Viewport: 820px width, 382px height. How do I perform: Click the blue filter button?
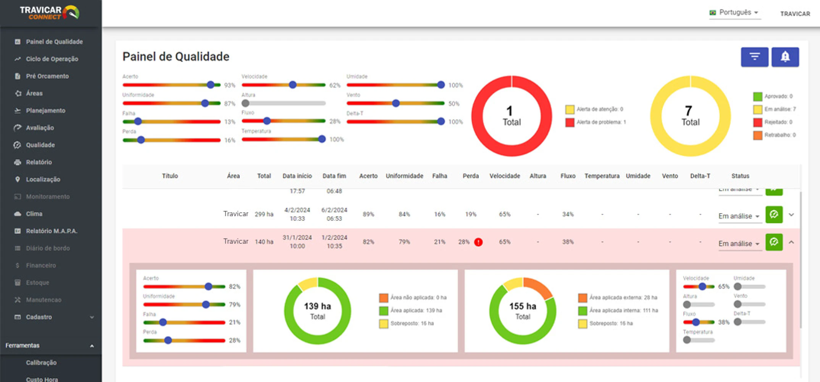pos(754,57)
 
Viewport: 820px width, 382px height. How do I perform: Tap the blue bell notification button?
pos(785,57)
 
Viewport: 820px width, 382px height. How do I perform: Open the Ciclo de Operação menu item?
pos(52,59)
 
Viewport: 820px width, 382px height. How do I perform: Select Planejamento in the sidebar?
pos(45,110)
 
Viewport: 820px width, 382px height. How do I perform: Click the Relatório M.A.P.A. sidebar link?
pos(52,231)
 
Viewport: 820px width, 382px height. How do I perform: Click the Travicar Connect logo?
pos(50,13)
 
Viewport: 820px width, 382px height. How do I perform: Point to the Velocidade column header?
pos(505,176)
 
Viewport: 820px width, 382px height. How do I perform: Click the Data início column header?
pos(297,176)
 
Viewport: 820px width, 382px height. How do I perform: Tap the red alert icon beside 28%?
pos(478,242)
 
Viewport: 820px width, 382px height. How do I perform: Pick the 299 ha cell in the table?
pos(264,214)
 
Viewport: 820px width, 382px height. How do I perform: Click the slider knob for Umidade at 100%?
pos(441,85)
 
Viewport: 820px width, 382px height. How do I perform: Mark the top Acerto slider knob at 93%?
pos(210,85)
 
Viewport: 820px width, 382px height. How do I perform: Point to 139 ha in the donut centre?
pos(317,306)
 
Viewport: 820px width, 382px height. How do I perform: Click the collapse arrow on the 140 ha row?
pos(791,242)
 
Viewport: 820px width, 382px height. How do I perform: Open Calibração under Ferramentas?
pos(41,363)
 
